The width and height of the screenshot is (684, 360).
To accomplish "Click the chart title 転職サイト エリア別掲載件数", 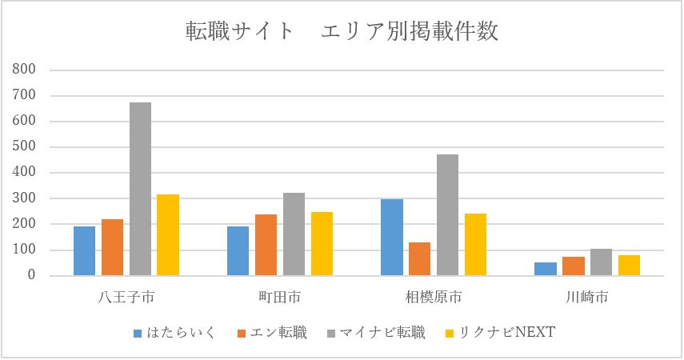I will point(341,31).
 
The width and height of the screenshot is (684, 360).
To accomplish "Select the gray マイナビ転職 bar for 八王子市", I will point(141,189).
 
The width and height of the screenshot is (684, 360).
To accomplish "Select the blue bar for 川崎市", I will point(546,269).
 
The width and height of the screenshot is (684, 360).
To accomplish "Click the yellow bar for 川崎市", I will point(629,265).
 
